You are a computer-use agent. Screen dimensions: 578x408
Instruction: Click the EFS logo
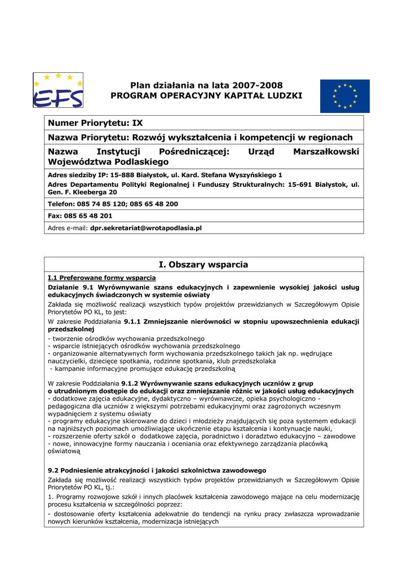58,90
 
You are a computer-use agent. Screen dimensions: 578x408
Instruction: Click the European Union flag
345,96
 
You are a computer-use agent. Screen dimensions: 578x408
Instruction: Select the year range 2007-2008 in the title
255,85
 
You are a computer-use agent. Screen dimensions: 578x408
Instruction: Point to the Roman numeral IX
138,122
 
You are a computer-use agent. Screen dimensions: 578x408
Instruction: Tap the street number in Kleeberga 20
112,192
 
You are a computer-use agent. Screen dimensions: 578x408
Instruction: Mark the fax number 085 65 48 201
88,216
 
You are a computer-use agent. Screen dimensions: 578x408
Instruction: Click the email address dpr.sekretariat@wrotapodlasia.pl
146,228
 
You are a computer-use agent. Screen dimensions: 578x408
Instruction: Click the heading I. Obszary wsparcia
203,265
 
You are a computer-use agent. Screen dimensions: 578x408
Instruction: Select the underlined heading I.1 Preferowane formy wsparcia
101,278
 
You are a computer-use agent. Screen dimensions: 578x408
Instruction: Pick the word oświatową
64,452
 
